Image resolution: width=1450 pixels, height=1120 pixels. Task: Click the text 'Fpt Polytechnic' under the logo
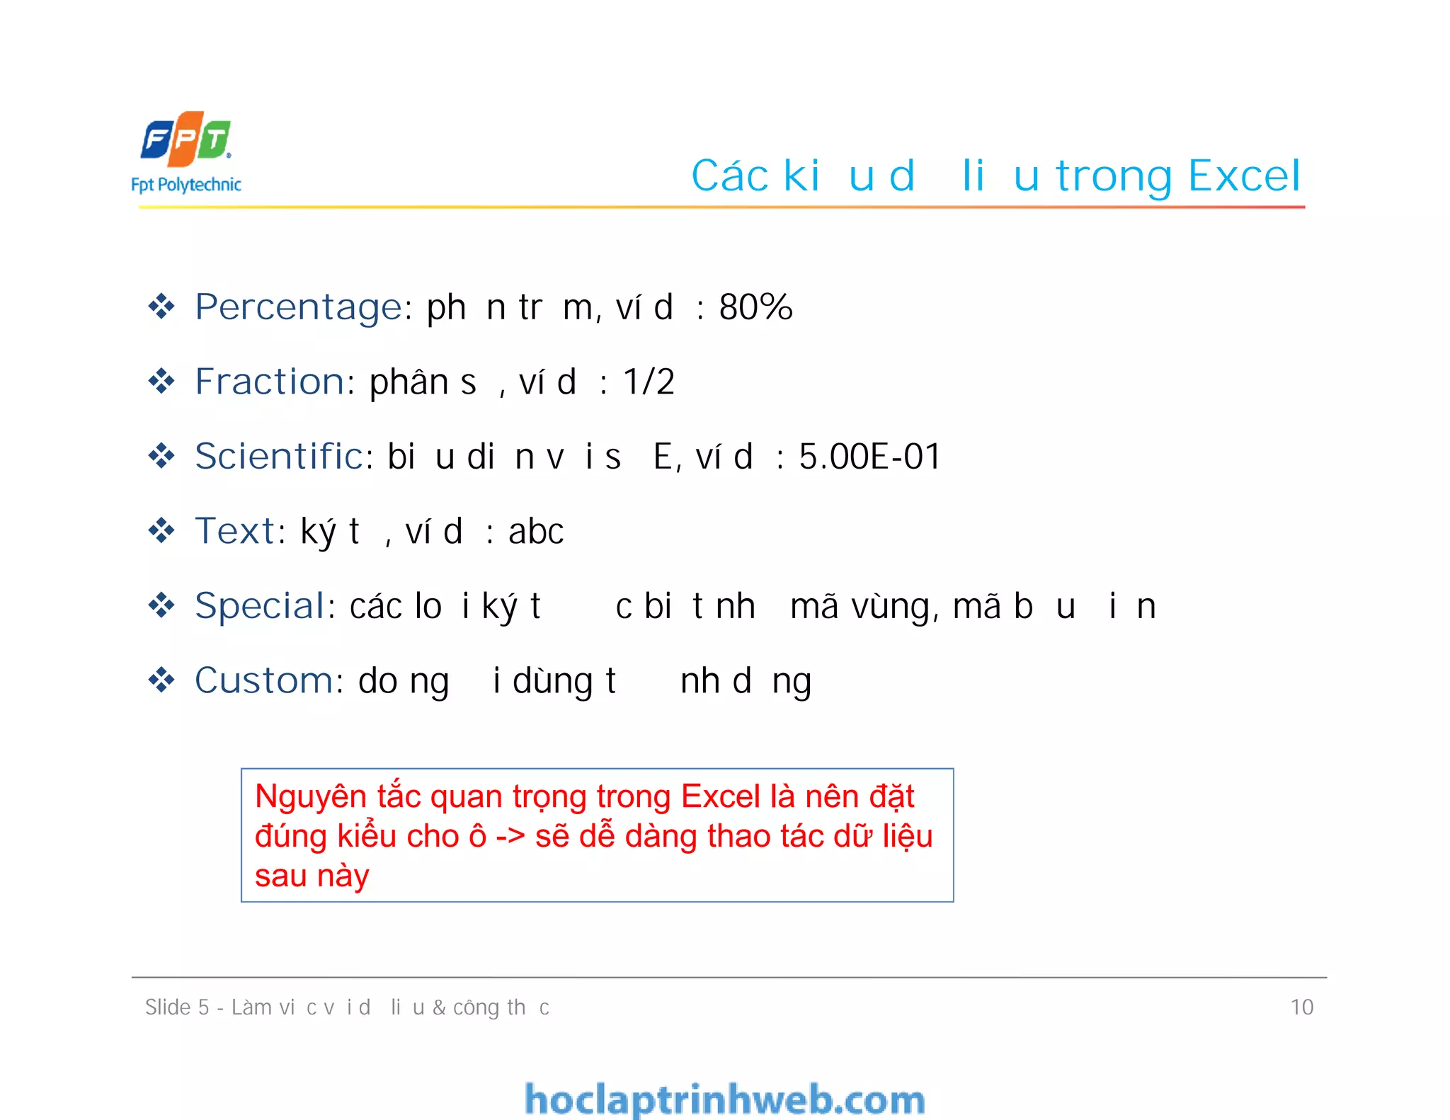coord(186,185)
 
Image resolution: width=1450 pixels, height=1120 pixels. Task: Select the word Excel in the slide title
coord(1245,176)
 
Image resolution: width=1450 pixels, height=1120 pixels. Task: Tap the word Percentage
coord(299,308)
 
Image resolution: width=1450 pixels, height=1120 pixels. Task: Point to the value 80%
coord(755,307)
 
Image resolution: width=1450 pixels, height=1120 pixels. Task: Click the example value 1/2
coord(649,382)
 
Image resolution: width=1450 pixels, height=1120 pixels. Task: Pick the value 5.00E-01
coord(869,457)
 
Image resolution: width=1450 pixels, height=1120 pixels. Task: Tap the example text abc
coord(536,532)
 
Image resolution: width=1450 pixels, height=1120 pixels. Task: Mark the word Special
coord(261,607)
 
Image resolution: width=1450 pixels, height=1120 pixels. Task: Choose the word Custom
coord(263,680)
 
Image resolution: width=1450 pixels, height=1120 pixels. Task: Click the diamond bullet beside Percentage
coord(161,307)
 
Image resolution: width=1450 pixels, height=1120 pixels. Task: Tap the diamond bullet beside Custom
coord(161,680)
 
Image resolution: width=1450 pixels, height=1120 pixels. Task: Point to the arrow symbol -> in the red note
coord(510,837)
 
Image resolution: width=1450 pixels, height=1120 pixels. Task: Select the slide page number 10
coord(1301,1007)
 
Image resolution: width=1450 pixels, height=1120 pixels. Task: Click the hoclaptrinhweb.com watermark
coord(724,1099)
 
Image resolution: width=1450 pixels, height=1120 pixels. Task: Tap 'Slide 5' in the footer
coord(177,1007)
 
